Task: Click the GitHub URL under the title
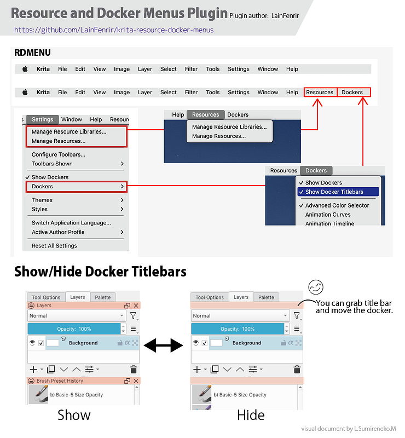pos(114,30)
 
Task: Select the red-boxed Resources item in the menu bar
pos(320,92)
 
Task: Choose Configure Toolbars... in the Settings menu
pos(59,154)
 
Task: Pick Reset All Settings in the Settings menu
pos(55,246)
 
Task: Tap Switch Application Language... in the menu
pos(71,223)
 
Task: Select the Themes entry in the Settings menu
pos(42,200)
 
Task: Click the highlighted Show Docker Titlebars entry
pos(334,192)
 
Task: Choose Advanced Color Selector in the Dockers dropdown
pos(337,206)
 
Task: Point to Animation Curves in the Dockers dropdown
pos(328,215)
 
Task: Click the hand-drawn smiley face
pos(316,287)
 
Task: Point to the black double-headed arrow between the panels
pos(164,345)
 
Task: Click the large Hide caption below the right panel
pos(251,415)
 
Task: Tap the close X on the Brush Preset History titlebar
pos(136,381)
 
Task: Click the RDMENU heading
pos(32,53)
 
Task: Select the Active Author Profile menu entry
pos(58,232)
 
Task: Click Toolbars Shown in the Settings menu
pos(52,164)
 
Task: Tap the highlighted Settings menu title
pos(43,119)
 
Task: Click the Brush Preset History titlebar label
pos(60,381)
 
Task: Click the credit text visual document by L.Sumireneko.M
pos(349,429)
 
